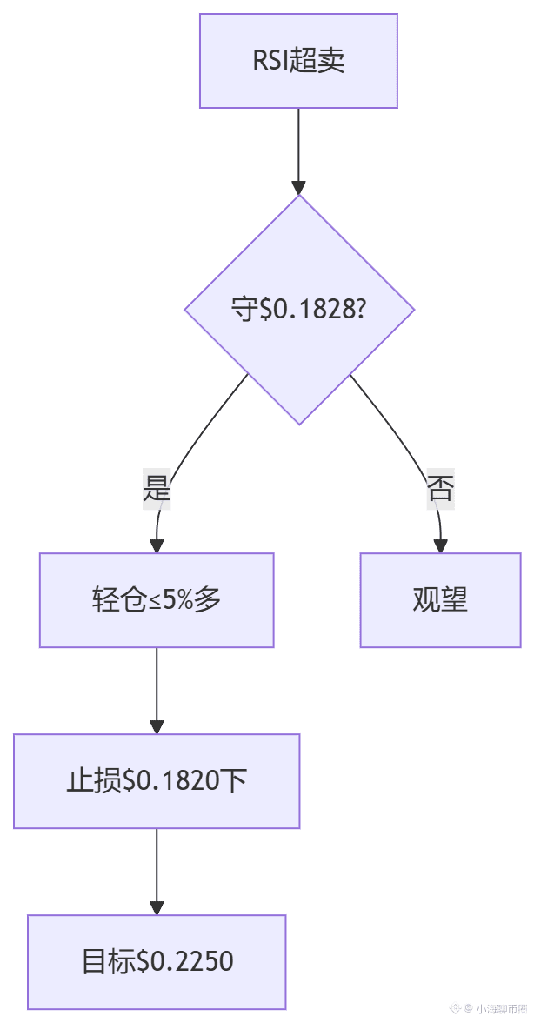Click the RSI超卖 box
298,61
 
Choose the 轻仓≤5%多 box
157,600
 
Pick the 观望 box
440,600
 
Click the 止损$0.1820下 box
157,781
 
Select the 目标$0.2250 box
157,962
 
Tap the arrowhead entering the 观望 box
440,545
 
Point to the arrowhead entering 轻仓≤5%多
157,545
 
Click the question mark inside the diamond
357,310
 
